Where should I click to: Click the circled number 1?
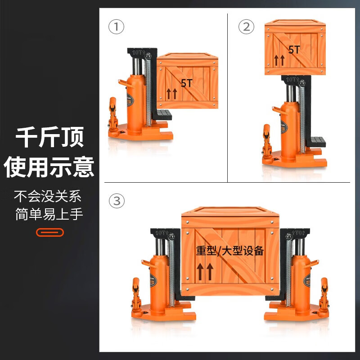tap(116, 27)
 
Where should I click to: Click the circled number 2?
tap(246, 27)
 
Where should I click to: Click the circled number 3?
tap(117, 201)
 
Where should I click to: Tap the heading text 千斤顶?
tap(49, 138)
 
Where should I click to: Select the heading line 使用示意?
tap(49, 166)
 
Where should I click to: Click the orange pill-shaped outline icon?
tap(49, 232)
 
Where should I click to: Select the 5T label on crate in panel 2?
tap(294, 49)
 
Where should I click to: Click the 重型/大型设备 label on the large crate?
tap(229, 251)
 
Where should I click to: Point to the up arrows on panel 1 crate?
tap(171, 94)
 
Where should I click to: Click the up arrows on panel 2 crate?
tap(279, 59)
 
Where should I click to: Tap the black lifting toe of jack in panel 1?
tap(162, 114)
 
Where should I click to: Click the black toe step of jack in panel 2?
tap(315, 142)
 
